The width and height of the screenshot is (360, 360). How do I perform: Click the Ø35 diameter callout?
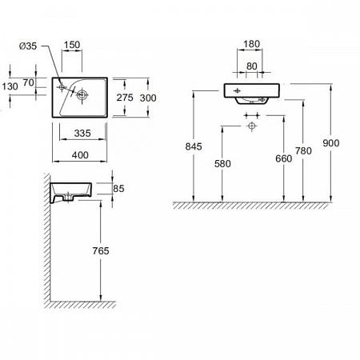pyautogui.click(x=28, y=46)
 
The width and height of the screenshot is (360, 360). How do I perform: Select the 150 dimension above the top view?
pyautogui.click(x=72, y=45)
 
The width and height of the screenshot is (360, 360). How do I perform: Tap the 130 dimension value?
pyautogui.click(x=10, y=86)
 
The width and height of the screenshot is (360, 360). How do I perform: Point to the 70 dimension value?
pyautogui.click(x=29, y=82)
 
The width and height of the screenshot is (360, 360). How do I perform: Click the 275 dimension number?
pyautogui.click(x=125, y=98)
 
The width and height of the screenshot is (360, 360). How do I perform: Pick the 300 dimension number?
pyautogui.click(x=148, y=98)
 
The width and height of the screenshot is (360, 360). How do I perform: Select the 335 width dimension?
pyautogui.click(x=82, y=133)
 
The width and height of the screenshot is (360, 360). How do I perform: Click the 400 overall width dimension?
pyautogui.click(x=80, y=155)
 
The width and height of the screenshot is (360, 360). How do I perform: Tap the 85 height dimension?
pyautogui.click(x=118, y=189)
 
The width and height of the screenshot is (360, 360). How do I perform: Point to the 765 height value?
pyautogui.click(x=101, y=250)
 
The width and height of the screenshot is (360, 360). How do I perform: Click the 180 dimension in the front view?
pyautogui.click(x=252, y=44)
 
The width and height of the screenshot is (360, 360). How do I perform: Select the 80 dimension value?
pyautogui.click(x=252, y=66)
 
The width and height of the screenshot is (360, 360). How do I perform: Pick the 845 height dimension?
pyautogui.click(x=194, y=146)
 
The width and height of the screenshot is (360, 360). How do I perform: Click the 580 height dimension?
pyautogui.click(x=222, y=163)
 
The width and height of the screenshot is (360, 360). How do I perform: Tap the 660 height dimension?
pyautogui.click(x=284, y=158)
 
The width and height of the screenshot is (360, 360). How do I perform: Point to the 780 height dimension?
pyautogui.click(x=303, y=151)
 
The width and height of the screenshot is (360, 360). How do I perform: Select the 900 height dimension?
pyautogui.click(x=331, y=143)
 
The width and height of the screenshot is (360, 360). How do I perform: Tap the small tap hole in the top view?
pyautogui.click(x=62, y=86)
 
